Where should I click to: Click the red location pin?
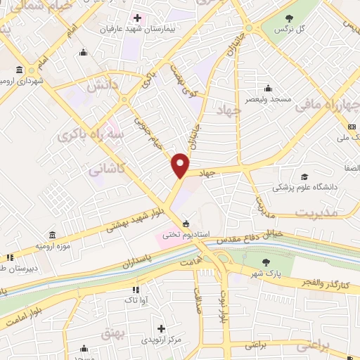(x=181, y=166)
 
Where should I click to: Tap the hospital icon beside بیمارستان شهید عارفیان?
(x=137, y=18)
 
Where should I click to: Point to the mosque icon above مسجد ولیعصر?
(x=268, y=88)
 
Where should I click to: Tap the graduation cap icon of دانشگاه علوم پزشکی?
(x=304, y=176)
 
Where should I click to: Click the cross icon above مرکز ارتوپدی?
(x=162, y=328)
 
